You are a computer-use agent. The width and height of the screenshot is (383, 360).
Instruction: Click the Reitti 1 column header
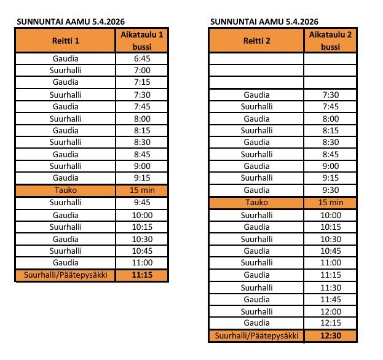pos(65,41)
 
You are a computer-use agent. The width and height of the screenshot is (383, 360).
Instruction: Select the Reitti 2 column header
pos(256,41)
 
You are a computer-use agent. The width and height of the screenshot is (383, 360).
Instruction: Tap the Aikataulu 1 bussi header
pos(141,41)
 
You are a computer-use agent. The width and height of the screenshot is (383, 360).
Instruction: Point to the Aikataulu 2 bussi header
pos(330,41)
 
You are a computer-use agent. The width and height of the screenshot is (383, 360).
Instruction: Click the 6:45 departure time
pos(141,58)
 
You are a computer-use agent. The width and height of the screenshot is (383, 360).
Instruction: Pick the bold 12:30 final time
pos(330,335)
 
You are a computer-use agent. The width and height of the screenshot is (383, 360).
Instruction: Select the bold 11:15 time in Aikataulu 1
pos(141,275)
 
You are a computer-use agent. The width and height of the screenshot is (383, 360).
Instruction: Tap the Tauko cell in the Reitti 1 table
pos(65,190)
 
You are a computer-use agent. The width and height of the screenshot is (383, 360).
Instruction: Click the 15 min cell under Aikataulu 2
pos(330,203)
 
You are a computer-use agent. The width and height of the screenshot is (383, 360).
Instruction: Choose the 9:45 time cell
pos(141,203)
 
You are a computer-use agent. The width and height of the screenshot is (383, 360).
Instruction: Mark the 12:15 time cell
pos(330,323)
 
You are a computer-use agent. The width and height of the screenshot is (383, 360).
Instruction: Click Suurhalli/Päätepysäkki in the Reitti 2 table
pos(256,335)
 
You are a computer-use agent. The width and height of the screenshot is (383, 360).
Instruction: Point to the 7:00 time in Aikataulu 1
pos(141,70)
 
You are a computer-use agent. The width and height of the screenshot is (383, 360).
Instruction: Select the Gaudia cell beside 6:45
pos(65,58)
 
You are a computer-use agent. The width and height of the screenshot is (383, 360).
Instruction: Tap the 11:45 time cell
pos(330,299)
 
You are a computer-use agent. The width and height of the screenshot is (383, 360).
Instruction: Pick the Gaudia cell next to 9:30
pos(256,190)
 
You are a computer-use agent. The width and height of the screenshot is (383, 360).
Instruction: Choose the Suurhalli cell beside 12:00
pos(256,311)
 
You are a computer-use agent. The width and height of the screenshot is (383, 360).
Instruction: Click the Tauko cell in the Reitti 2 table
pos(256,203)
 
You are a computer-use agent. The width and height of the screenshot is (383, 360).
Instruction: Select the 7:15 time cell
pos(141,82)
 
